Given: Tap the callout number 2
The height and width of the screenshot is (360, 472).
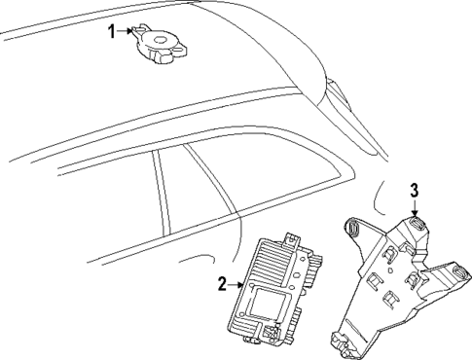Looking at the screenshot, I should click(223, 284).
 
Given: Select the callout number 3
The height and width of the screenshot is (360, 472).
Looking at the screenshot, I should click(414, 190).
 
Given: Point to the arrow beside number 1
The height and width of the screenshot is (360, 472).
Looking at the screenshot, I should click(127, 31).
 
